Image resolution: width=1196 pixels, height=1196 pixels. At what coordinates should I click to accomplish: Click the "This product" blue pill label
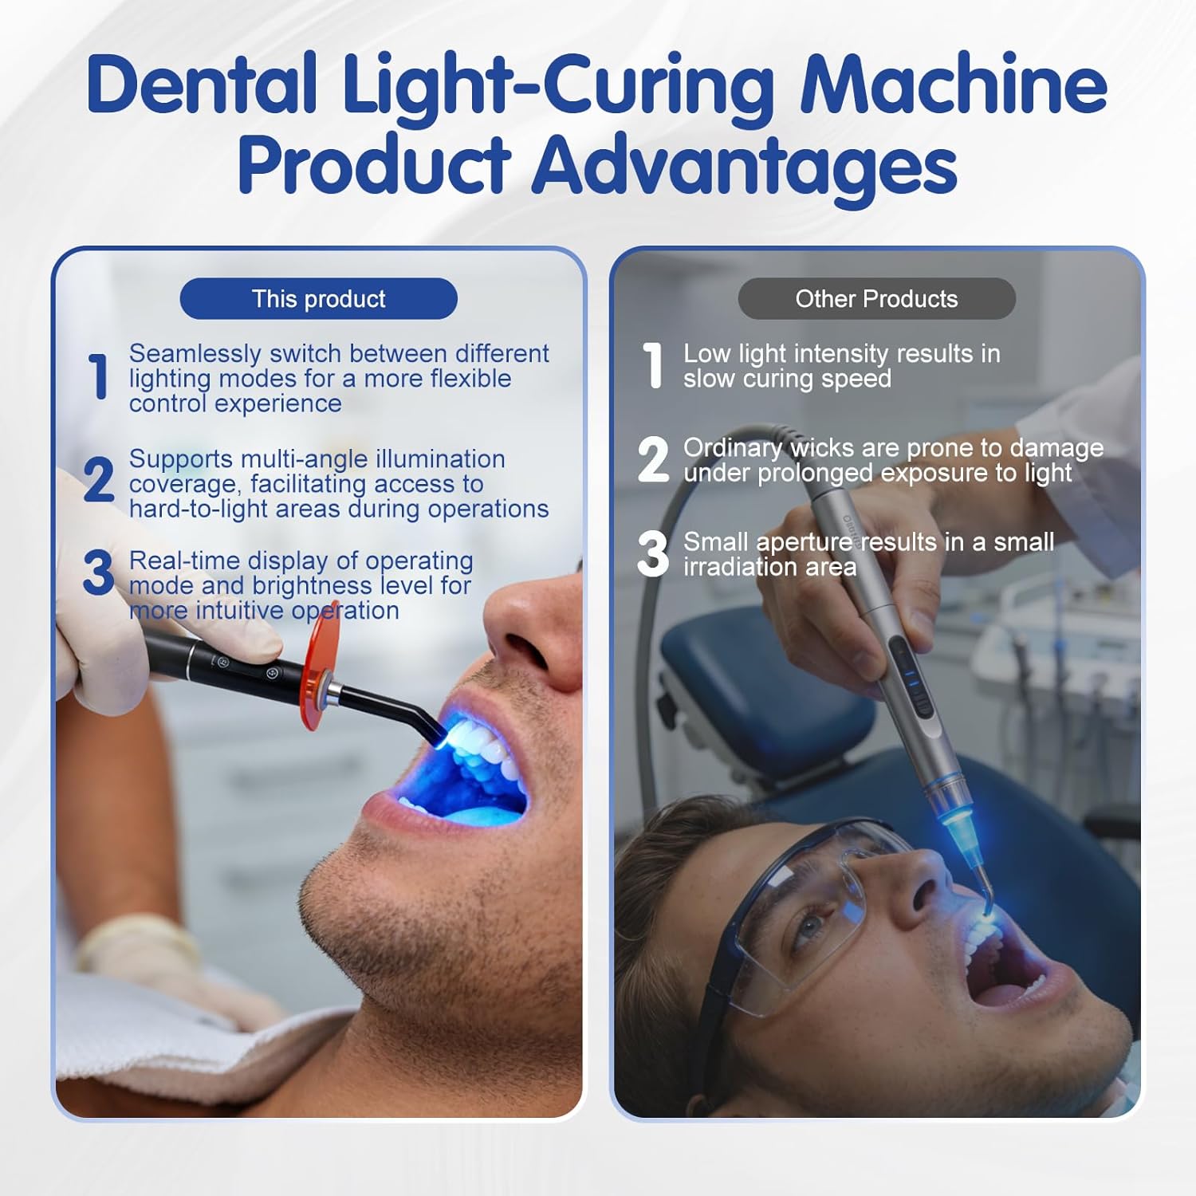(319, 299)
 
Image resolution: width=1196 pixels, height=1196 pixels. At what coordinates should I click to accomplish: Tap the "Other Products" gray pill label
(876, 299)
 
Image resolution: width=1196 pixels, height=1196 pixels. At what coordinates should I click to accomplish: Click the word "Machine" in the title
(954, 85)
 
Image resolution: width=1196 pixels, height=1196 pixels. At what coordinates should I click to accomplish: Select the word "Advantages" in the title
(745, 166)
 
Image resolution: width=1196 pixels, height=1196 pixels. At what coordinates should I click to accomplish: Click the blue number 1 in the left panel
(99, 376)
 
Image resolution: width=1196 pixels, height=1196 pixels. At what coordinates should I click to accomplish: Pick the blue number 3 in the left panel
(99, 572)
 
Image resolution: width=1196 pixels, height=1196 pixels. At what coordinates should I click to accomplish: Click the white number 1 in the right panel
(653, 365)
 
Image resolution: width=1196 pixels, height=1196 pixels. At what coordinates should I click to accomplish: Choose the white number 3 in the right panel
(654, 553)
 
